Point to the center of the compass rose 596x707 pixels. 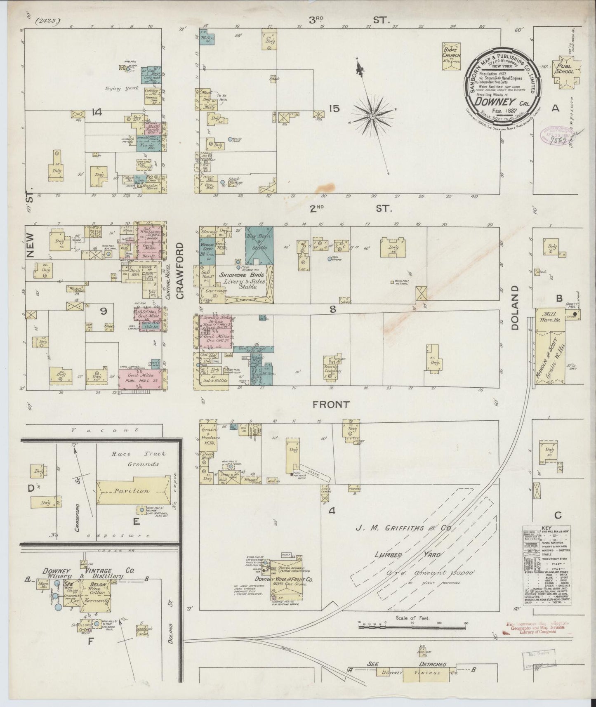[372, 116]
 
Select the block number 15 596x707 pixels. [334, 108]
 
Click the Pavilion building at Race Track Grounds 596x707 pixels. [133, 491]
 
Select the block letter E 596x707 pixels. [136, 522]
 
